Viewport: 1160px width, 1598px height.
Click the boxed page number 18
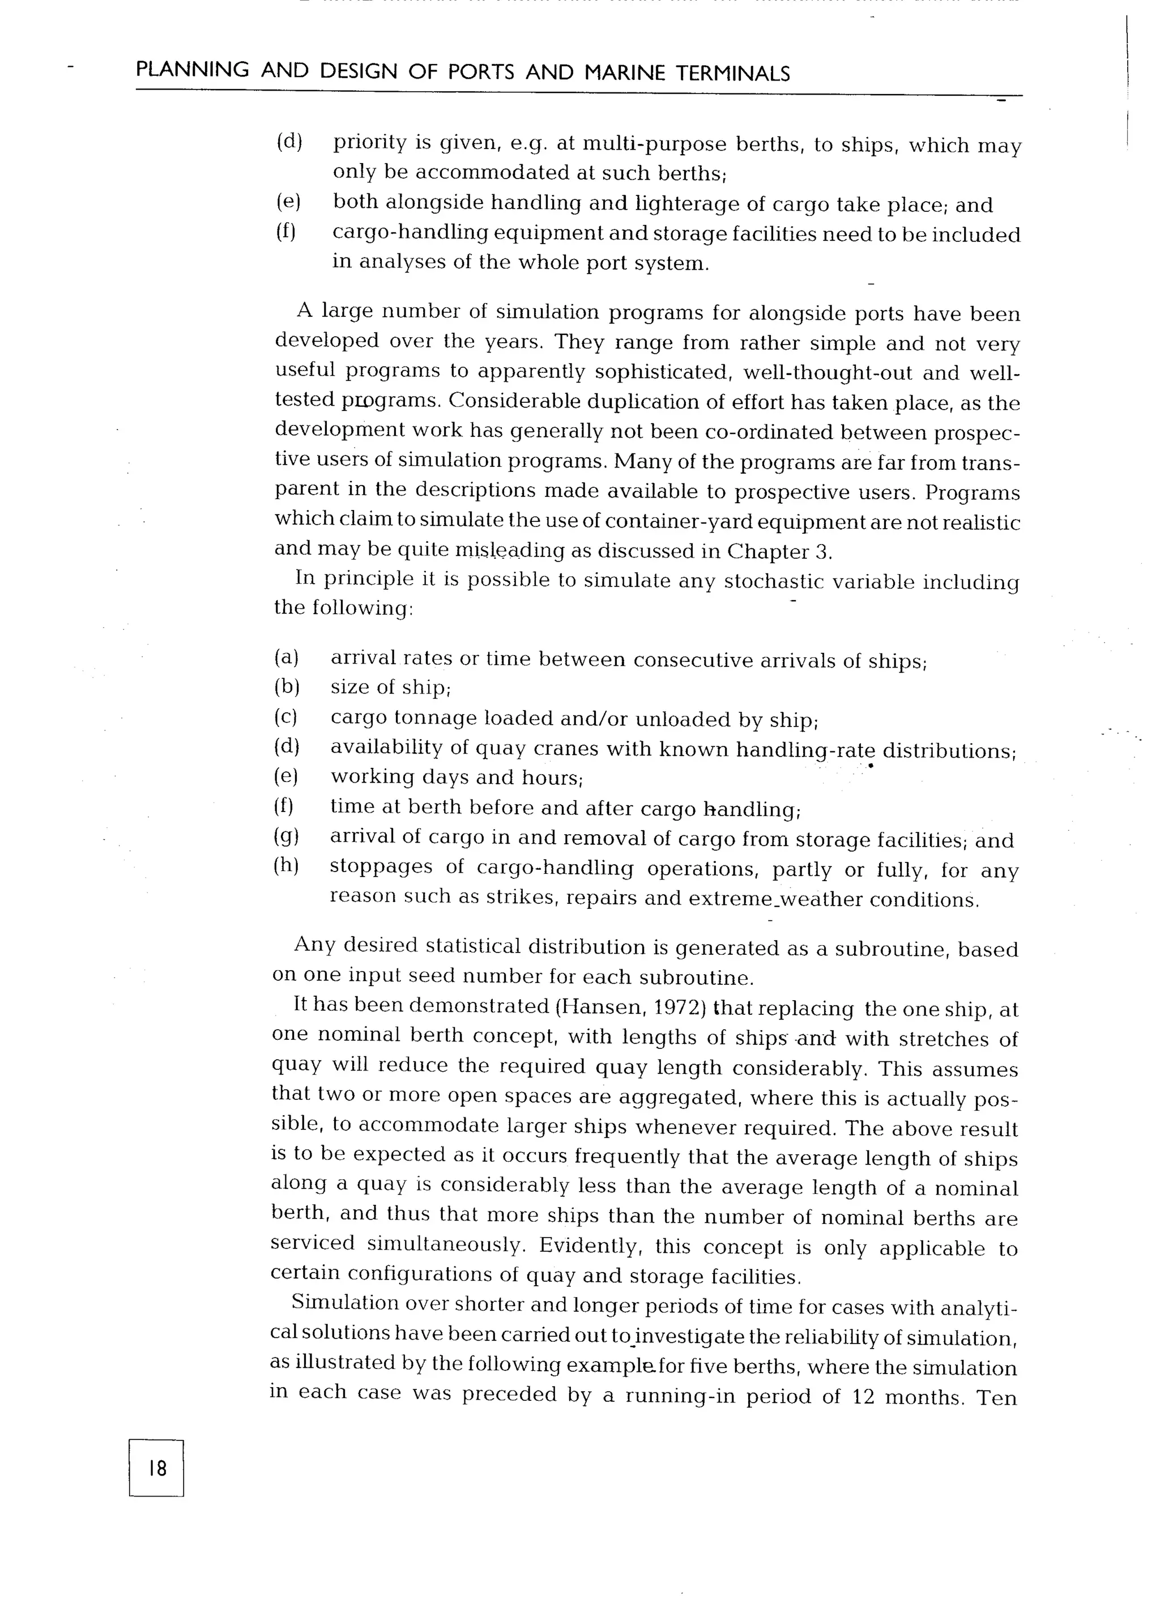point(156,1469)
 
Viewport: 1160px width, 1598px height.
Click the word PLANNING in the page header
point(192,70)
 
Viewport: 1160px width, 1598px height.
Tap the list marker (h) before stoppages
point(286,866)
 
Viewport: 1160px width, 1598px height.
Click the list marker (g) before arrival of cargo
point(286,836)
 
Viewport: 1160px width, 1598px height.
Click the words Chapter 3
point(780,551)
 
